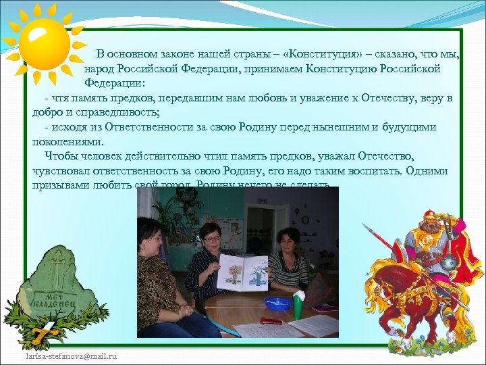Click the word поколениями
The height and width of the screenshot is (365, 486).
(x=67, y=142)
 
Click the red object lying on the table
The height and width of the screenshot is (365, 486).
(x=272, y=320)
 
